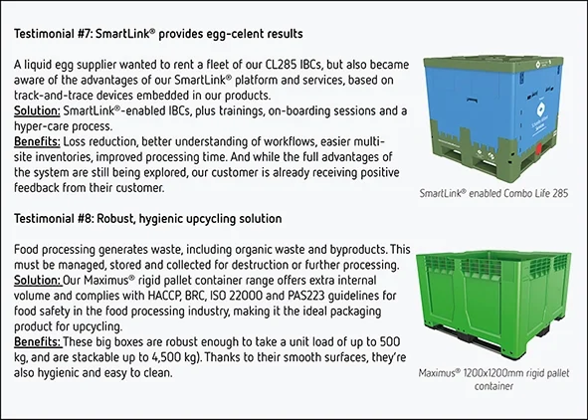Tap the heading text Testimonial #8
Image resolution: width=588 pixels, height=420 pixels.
[56, 217]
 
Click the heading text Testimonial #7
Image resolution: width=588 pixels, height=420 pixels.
[56, 35]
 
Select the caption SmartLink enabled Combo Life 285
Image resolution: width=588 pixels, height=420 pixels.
[493, 192]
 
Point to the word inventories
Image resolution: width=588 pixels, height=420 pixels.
[65, 159]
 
